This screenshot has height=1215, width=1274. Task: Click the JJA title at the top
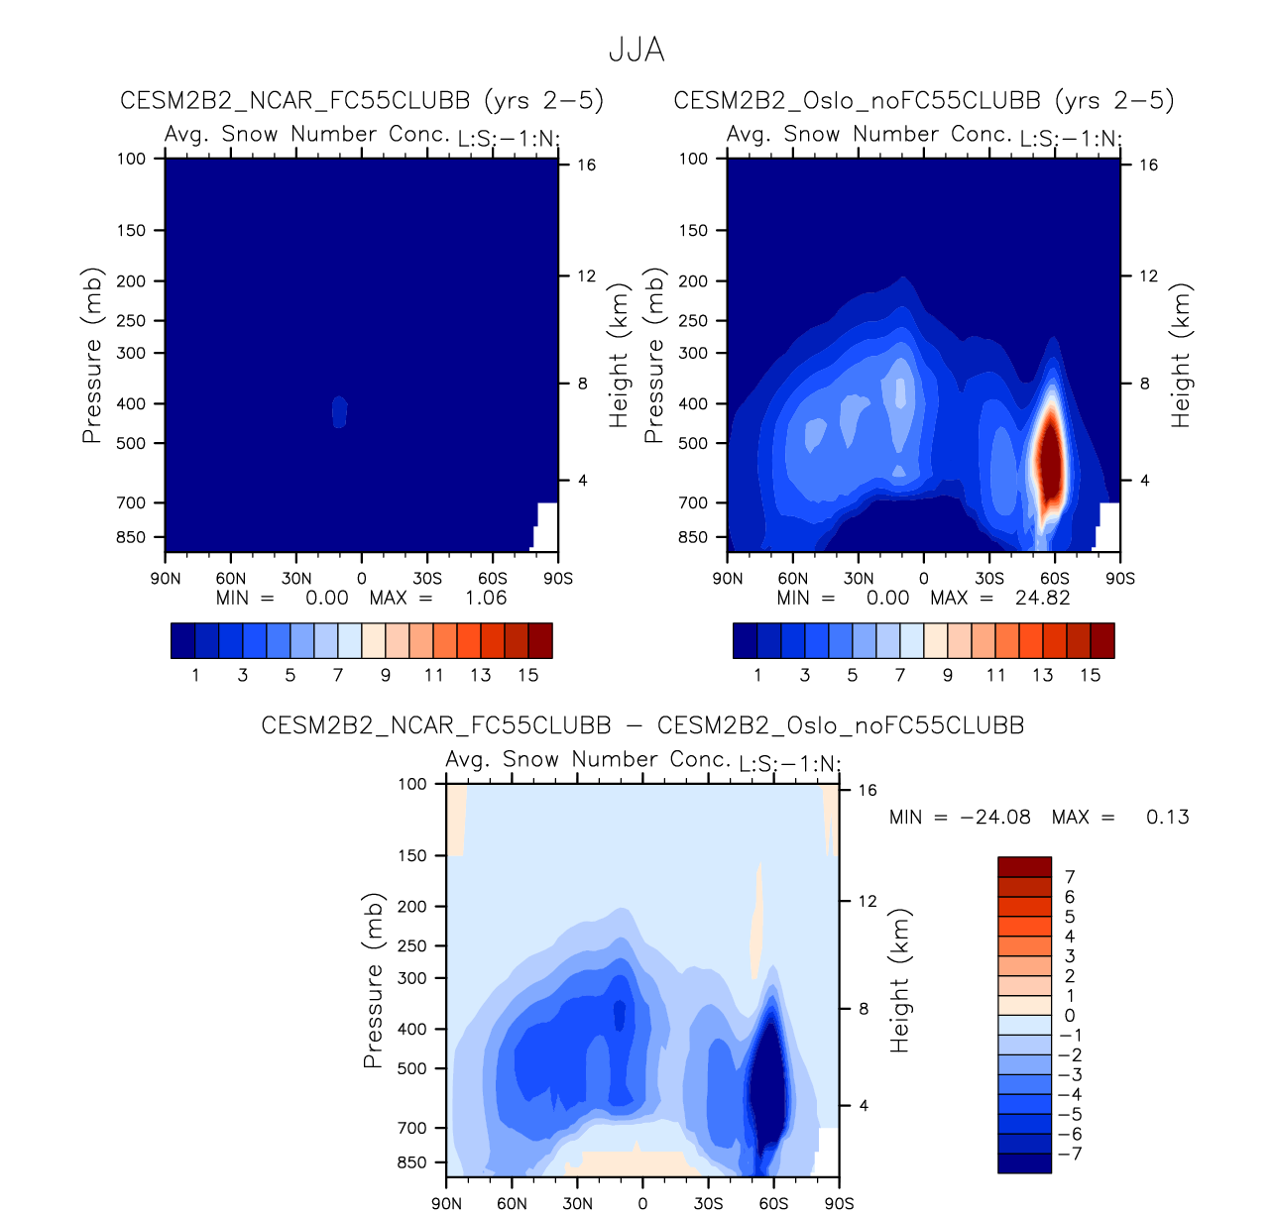tap(637, 50)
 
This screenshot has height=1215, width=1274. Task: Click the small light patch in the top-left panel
tap(339, 411)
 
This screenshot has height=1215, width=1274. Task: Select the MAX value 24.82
tap(1043, 598)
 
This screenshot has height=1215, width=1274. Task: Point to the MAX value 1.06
tap(486, 598)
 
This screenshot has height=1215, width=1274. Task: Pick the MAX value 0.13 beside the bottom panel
tap(1167, 818)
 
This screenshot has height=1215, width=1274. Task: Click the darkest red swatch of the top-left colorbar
tap(540, 640)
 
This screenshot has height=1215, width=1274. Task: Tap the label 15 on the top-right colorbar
tap(1091, 675)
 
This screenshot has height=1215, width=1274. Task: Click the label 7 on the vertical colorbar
tap(1070, 877)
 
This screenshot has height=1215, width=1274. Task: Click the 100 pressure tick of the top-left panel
tap(132, 159)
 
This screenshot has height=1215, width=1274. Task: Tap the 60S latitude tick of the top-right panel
tap(1055, 579)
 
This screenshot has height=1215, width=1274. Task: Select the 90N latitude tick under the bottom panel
tap(447, 1204)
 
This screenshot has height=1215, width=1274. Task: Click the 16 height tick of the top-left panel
tap(587, 165)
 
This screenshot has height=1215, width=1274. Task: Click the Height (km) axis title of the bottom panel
tap(899, 980)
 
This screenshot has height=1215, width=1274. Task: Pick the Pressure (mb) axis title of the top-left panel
tap(92, 355)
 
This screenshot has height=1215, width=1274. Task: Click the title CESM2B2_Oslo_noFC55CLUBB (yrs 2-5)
tap(923, 100)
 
